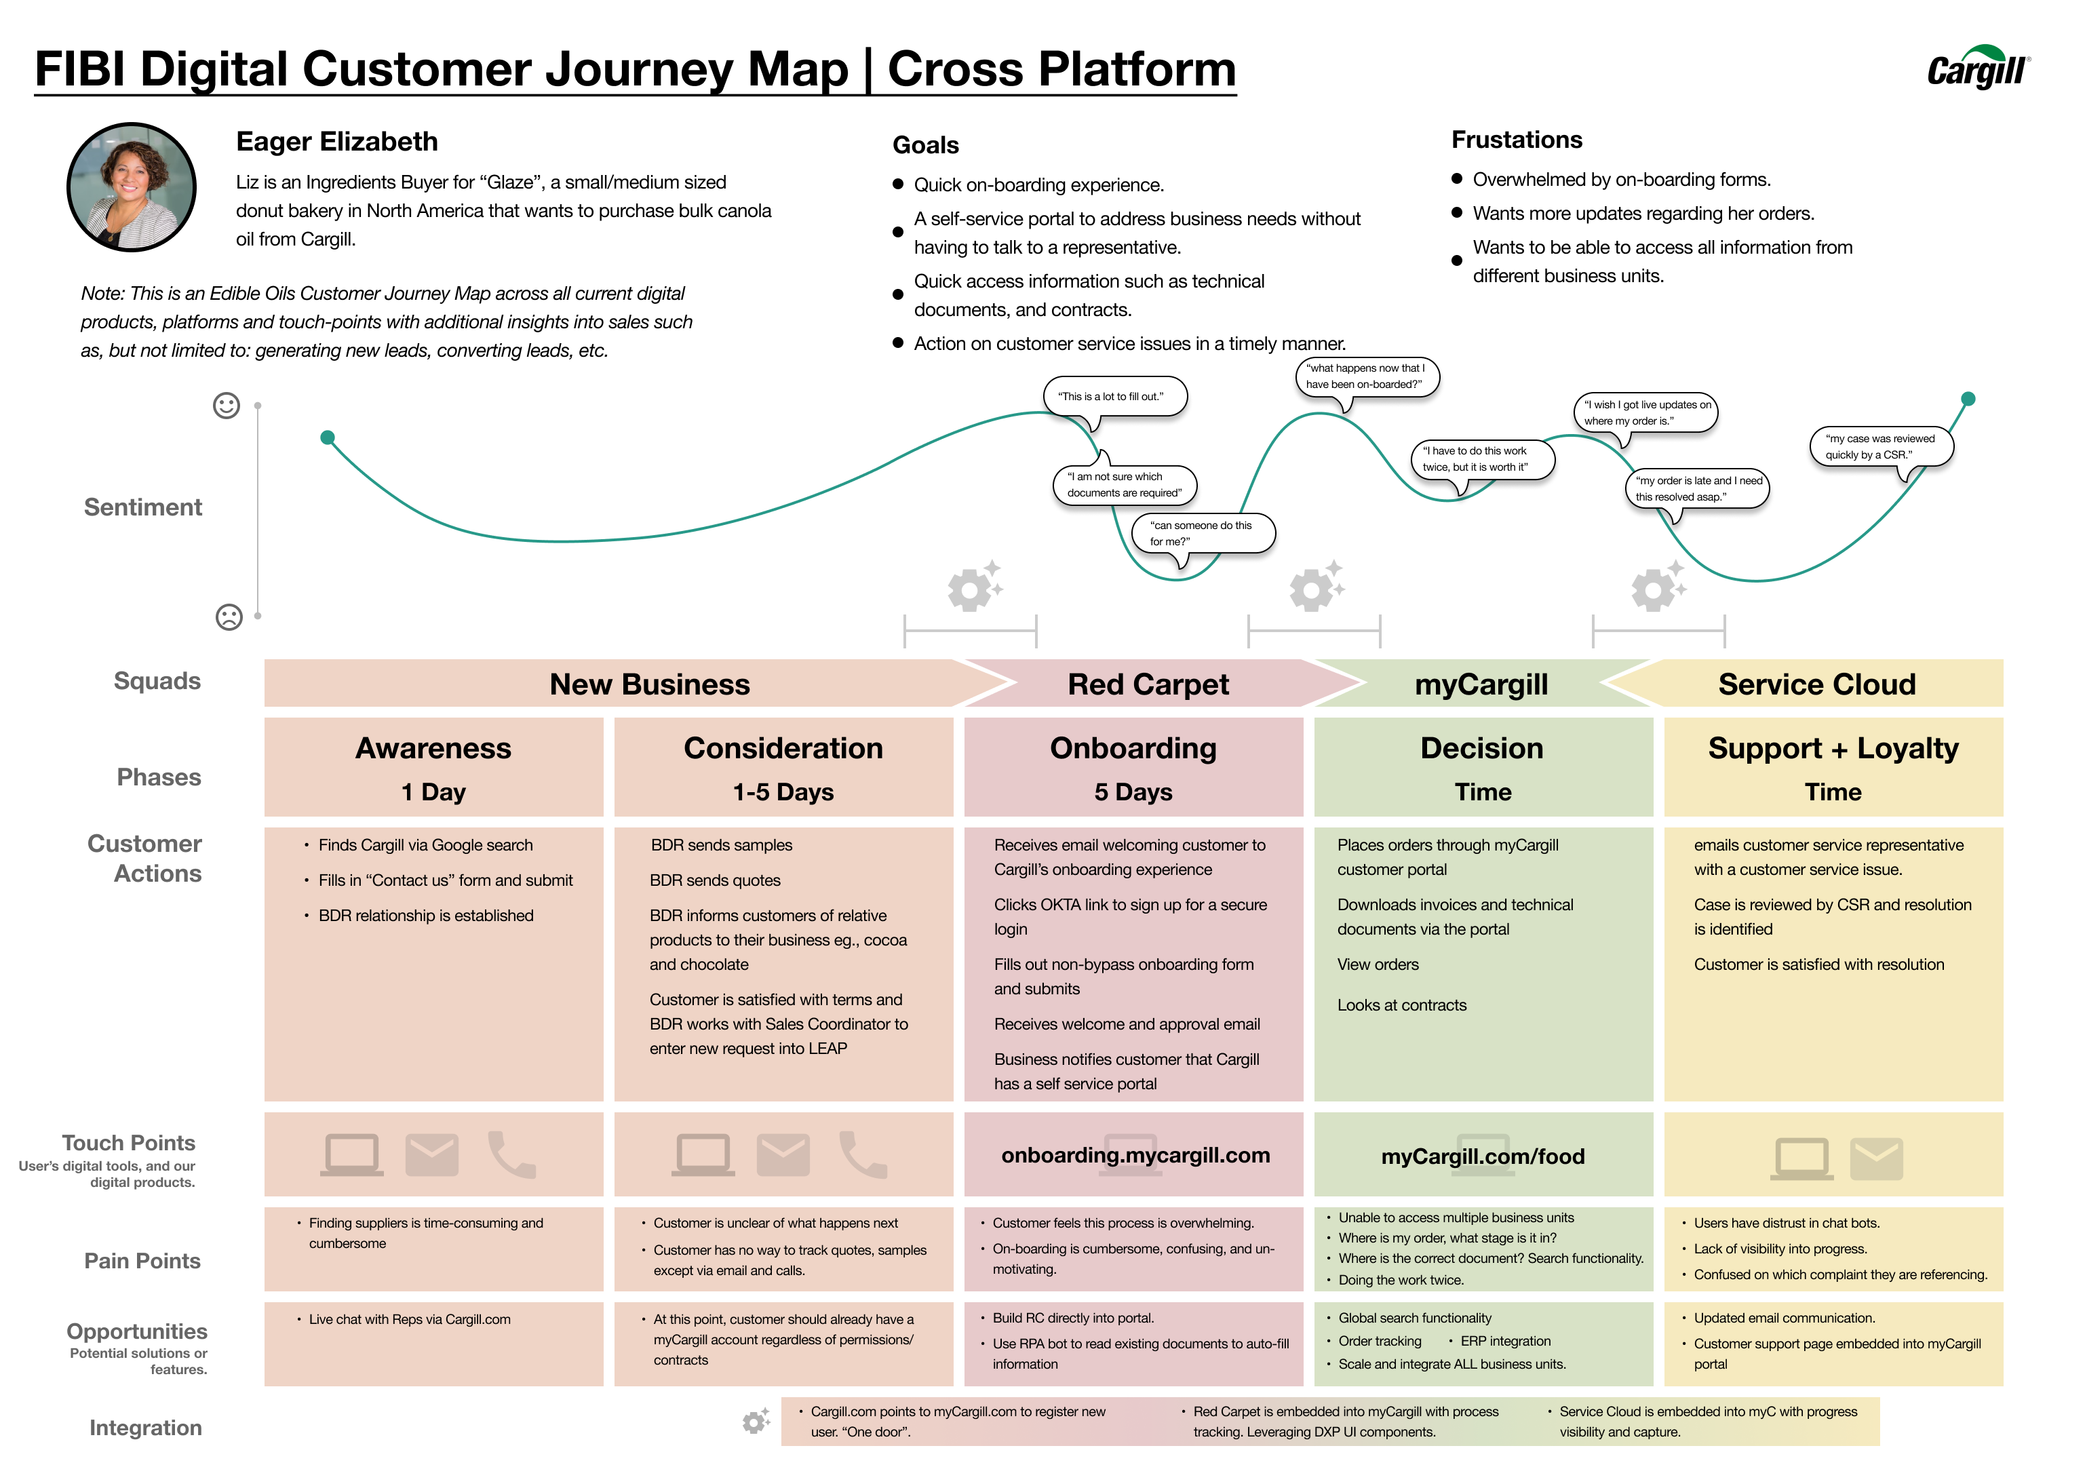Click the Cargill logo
point(1978,67)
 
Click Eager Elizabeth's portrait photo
point(132,187)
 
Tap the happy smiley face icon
point(226,405)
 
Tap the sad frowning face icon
point(229,617)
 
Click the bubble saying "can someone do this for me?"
point(1203,534)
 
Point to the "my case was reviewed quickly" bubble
point(1881,447)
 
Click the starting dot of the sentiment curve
point(328,437)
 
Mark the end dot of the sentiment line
point(1968,399)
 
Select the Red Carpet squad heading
point(1148,684)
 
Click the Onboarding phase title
point(1133,747)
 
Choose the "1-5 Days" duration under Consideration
point(783,792)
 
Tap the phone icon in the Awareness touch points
point(511,1154)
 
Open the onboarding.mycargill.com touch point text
point(1135,1155)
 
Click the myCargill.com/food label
point(1483,1156)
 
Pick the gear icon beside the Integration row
point(756,1422)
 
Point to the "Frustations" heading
point(1517,140)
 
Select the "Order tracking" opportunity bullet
point(1380,1341)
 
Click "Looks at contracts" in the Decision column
point(1401,1005)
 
